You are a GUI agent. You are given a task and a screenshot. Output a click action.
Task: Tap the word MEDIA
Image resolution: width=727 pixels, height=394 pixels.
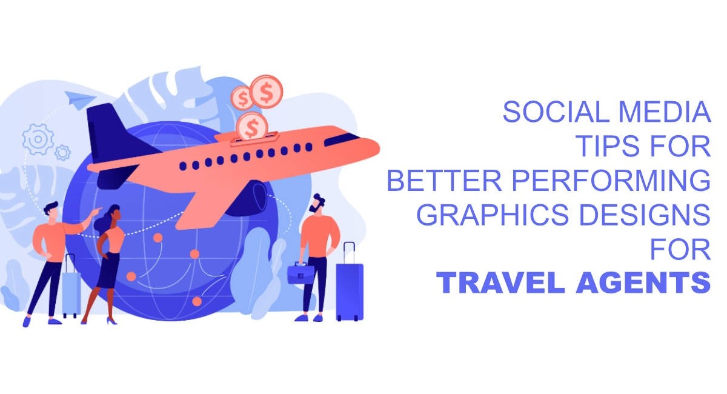[x=665, y=112]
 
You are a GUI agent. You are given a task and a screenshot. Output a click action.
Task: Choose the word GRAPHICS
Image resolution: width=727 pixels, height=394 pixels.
[x=493, y=215]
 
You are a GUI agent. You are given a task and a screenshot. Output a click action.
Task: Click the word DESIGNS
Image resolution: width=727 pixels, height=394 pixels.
[x=645, y=215]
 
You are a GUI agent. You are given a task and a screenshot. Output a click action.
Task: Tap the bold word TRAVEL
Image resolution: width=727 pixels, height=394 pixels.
[x=501, y=282]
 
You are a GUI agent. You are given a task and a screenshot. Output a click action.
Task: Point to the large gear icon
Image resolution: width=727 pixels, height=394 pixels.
[x=38, y=139]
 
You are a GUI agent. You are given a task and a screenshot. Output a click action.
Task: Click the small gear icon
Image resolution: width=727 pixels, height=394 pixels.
[x=62, y=153]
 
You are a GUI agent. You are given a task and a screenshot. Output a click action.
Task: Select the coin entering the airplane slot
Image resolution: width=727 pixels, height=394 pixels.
[x=252, y=126]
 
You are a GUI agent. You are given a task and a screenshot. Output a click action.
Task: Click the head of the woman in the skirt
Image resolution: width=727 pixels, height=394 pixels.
[x=115, y=213]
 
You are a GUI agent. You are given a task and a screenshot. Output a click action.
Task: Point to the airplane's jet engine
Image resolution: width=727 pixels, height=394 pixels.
[x=248, y=198]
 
